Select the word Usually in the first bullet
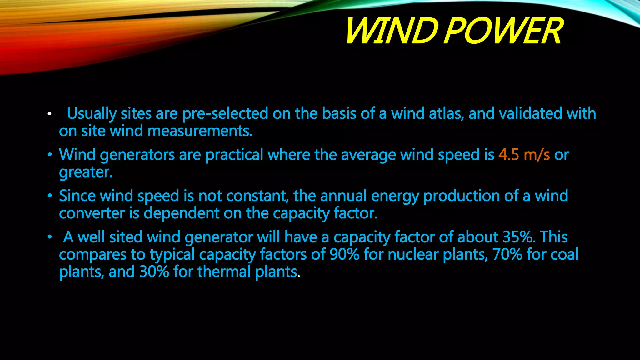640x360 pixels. click(92, 114)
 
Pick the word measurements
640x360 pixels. click(200, 131)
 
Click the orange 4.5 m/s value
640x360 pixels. click(524, 155)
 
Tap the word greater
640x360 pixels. click(86, 172)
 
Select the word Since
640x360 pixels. click(77, 196)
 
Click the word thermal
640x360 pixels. click(224, 272)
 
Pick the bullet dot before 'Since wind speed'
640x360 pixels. click(49, 196)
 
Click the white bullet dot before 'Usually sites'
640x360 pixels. click(49, 114)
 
